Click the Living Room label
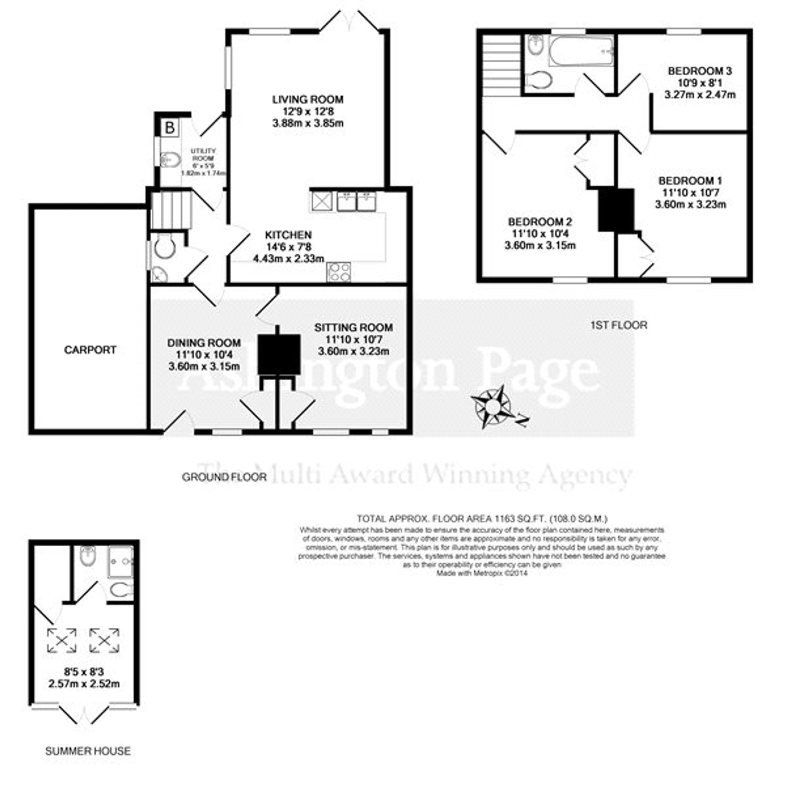[x=308, y=100]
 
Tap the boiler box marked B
[x=169, y=128]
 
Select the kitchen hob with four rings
[x=338, y=272]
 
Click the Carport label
[x=90, y=350]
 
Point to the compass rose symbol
[x=493, y=406]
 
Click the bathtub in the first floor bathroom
[x=581, y=51]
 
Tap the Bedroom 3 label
[x=700, y=71]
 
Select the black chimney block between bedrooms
[x=616, y=210]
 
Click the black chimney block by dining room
[x=279, y=354]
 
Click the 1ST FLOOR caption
[x=619, y=325]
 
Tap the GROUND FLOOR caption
[x=224, y=477]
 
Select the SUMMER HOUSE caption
[x=88, y=751]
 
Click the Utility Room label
[x=203, y=154]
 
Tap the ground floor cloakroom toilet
[x=165, y=247]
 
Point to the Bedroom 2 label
[x=540, y=222]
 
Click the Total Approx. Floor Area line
[x=482, y=519]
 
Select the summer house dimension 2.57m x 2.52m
[x=84, y=684]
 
